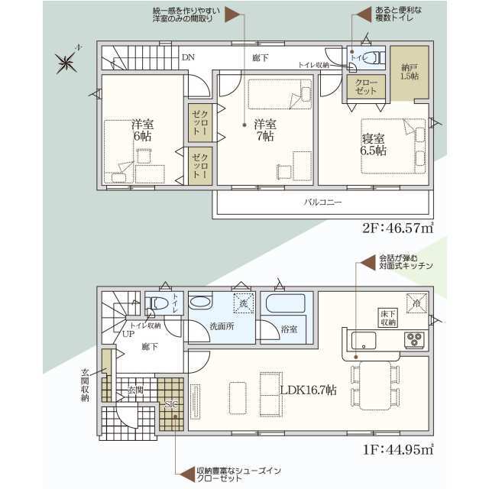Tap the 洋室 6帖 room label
[141, 130]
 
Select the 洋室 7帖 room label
[265, 130]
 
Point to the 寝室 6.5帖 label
[374, 144]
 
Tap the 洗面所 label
[221, 325]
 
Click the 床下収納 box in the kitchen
[387, 318]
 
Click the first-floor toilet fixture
[157, 303]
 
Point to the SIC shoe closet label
[171, 405]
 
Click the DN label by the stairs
[188, 57]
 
